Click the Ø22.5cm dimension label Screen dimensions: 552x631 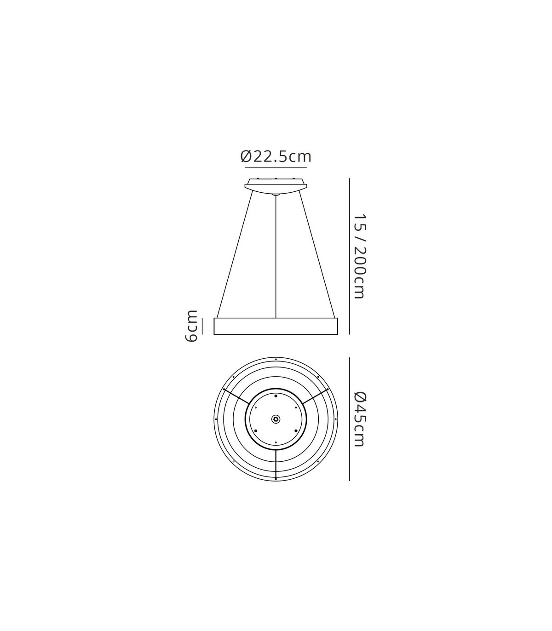[x=276, y=157]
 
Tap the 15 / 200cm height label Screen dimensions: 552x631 [x=359, y=256]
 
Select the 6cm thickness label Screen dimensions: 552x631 [x=191, y=326]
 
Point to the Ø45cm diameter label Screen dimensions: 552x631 [x=359, y=419]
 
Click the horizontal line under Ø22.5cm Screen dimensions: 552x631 [x=276, y=167]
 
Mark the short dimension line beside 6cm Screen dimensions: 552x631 [x=202, y=326]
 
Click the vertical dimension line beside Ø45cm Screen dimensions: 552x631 [x=350, y=419]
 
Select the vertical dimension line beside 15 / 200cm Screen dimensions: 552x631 [x=350, y=256]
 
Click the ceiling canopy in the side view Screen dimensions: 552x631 [x=276, y=186]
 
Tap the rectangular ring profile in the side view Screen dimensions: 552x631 [x=276, y=326]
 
